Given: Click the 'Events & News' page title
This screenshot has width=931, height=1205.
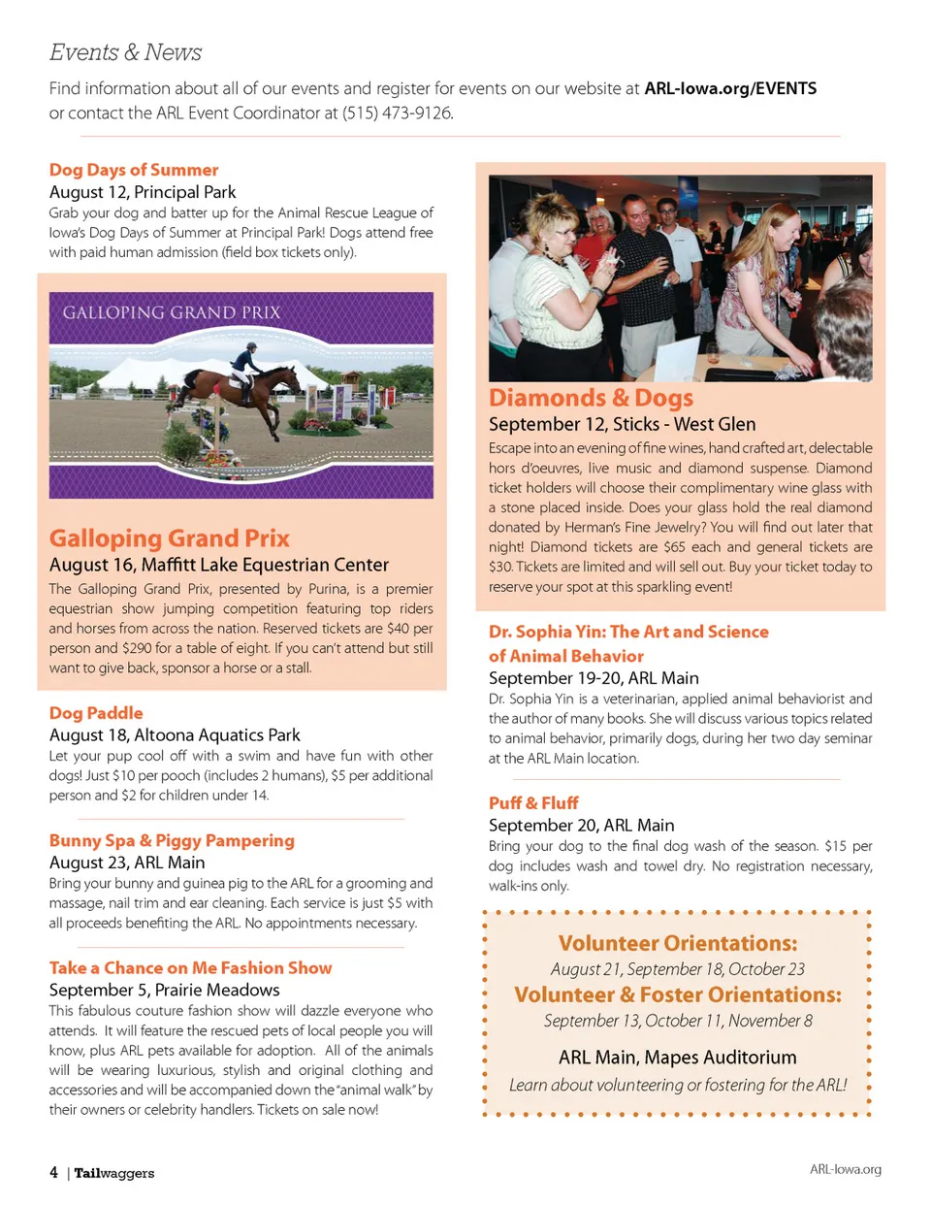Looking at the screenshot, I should pos(125,52).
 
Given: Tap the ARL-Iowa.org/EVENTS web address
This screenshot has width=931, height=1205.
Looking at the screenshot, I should pos(730,88).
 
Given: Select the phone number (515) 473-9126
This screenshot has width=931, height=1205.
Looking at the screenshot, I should pos(397,113).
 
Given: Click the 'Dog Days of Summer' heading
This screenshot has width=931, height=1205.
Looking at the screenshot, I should pos(134,170).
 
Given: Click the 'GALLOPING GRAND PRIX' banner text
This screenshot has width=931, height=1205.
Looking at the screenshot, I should pos(172,312).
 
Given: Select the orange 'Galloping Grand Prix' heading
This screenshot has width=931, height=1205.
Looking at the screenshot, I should pos(170,538).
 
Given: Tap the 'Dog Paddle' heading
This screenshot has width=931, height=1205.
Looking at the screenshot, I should pos(96,713).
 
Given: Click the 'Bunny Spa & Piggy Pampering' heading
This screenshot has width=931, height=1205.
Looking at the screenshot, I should pos(172,840).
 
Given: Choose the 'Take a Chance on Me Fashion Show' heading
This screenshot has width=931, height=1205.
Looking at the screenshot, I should pos(190,967).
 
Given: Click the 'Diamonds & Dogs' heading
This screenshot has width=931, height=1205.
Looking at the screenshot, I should pos(591,398).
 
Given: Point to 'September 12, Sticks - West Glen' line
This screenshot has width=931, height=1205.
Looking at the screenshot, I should pos(622,424).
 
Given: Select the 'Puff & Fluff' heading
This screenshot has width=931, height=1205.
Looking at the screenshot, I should pos(533,802).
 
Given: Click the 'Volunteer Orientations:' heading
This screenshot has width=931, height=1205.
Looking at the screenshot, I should pos(677,943).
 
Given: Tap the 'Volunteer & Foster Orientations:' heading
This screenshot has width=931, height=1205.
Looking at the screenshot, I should pos(677,994).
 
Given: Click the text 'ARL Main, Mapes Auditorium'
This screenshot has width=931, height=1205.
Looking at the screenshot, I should pos(677,1058).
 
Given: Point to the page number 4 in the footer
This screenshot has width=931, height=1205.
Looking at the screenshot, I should pos(53,1172).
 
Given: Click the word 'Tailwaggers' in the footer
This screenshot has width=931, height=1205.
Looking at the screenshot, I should pos(114,1173).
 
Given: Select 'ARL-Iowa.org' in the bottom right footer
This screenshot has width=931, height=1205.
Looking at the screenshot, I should pos(845,1169).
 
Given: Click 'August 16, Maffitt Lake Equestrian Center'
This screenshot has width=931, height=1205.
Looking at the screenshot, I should pos(219,565).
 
